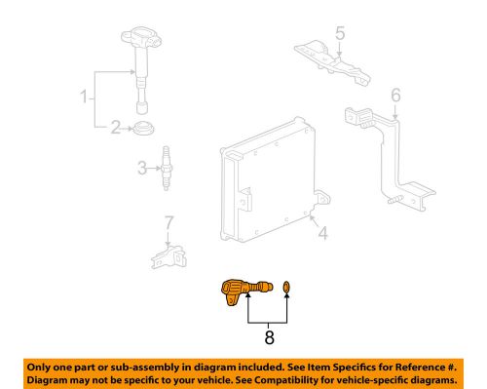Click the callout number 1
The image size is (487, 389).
pyautogui.click(x=84, y=97)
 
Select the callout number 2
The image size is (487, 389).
pyautogui.click(x=114, y=127)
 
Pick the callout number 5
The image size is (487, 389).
pyautogui.click(x=340, y=35)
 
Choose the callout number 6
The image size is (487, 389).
pyautogui.click(x=395, y=95)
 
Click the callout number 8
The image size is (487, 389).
pyautogui.click(x=268, y=341)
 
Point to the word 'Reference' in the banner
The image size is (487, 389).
pyautogui.click(x=403, y=364)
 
